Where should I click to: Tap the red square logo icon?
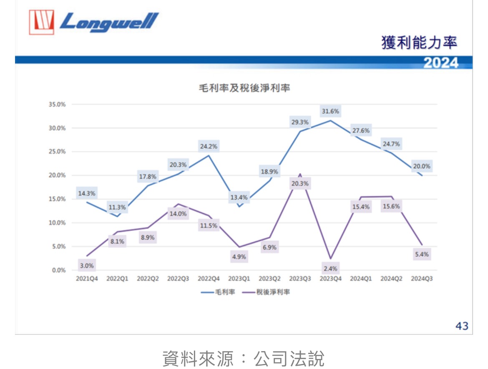pos(41,22)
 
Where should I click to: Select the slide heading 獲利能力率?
pos(419,43)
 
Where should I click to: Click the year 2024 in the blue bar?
pos(441,63)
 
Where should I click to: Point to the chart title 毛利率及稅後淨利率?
pos(244,88)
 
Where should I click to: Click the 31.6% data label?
pos(330,111)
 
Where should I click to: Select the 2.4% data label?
pos(330,269)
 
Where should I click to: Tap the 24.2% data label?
pos(209,146)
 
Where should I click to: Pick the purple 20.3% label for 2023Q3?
pos(300,183)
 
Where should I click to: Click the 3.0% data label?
pos(87,265)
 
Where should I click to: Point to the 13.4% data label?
pos(239,197)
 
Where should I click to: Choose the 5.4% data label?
pos(421,254)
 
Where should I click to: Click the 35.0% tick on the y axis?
pos(57,105)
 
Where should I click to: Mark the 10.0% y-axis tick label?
pos(57,223)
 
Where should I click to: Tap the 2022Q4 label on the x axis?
pos(209,279)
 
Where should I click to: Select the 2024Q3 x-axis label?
pos(422,279)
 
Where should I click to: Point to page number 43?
pos(462,326)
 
